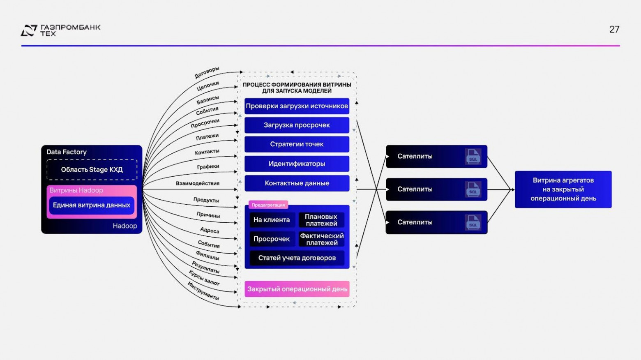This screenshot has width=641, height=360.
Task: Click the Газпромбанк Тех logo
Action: (x=60, y=30)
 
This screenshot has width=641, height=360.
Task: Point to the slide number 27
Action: (x=614, y=30)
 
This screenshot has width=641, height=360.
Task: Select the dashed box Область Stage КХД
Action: (x=92, y=170)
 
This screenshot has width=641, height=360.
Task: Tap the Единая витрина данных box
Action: (x=92, y=205)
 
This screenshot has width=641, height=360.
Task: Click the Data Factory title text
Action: (x=67, y=152)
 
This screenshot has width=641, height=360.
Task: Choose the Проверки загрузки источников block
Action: (x=297, y=106)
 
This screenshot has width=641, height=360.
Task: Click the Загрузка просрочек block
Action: (x=297, y=125)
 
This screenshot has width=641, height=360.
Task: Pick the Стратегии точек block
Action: (x=297, y=144)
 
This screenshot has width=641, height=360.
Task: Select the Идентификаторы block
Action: (x=297, y=164)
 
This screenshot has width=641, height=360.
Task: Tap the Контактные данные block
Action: (x=297, y=183)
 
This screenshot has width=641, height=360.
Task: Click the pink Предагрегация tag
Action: (x=268, y=205)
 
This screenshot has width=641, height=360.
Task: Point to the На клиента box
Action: (x=272, y=220)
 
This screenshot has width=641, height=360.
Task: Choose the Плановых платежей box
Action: (x=321, y=220)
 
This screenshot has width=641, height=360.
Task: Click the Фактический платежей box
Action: (x=321, y=239)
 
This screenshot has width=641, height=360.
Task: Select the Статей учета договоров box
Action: (x=297, y=258)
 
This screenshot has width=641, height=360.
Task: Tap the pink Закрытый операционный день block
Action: (x=297, y=289)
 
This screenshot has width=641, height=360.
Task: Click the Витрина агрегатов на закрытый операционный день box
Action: (x=563, y=189)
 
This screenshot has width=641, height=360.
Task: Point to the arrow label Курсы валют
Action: (x=204, y=278)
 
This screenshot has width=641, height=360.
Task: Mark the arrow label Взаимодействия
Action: (x=198, y=183)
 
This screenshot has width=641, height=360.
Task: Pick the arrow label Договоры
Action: (x=207, y=73)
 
